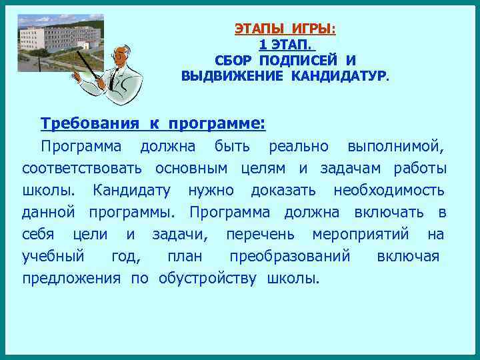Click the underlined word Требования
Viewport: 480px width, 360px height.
pos(90,123)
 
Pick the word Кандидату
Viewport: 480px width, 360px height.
pos(131,191)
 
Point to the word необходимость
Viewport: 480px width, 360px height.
pos(389,191)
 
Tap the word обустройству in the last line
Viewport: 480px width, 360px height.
pos(207,278)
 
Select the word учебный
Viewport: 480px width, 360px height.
pos(53,257)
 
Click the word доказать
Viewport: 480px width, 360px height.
pos(283,191)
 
